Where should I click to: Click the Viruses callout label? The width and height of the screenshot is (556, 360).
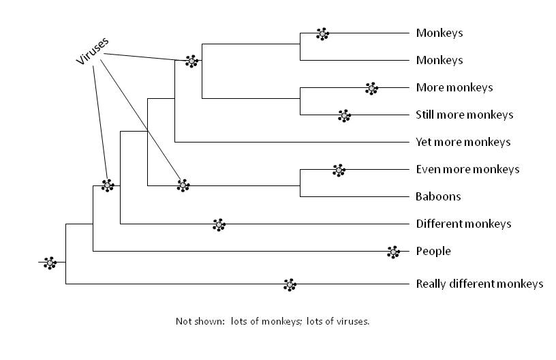[x=92, y=51]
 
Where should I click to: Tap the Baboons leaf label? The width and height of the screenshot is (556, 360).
[x=438, y=196]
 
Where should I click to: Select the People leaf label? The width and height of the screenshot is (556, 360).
[x=433, y=251]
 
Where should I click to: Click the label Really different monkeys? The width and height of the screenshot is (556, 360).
[x=480, y=284]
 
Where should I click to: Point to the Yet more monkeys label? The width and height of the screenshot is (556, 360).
[x=463, y=142]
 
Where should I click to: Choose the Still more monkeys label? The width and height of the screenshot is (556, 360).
[x=465, y=115]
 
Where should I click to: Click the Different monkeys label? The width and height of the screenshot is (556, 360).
[x=463, y=224]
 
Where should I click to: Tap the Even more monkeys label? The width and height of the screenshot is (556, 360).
[x=467, y=169]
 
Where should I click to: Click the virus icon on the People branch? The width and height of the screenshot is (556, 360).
[x=393, y=252]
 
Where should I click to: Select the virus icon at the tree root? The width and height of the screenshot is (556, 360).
[x=50, y=263]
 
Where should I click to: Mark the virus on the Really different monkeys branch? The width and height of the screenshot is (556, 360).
[x=290, y=285]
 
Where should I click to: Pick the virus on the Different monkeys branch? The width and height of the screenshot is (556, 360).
[x=219, y=225]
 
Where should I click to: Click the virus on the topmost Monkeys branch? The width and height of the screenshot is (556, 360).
[x=322, y=34]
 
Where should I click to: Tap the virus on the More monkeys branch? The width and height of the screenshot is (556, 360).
[x=371, y=89]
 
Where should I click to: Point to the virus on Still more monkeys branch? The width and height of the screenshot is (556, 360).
[x=344, y=116]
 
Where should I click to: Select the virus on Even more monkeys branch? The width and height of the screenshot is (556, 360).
[x=339, y=170]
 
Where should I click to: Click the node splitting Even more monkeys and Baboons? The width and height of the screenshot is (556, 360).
[x=300, y=185]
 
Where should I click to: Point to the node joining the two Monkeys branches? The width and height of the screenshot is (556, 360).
[x=300, y=44]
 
